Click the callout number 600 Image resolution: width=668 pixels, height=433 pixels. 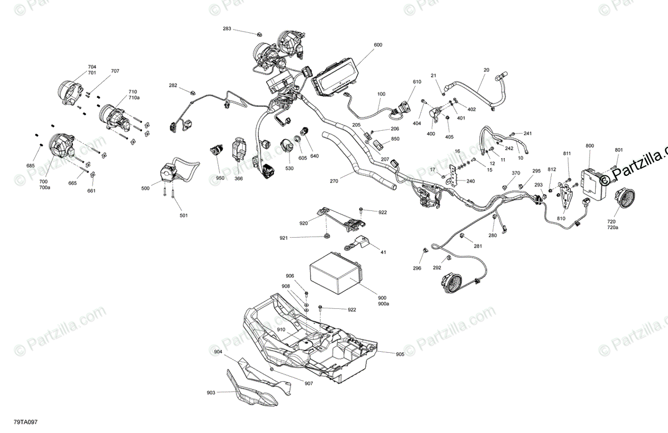coord(378,45)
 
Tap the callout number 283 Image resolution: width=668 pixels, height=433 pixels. coord(227,28)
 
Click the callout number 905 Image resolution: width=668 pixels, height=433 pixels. coord(400,355)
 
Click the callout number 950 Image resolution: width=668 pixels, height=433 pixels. coord(220,178)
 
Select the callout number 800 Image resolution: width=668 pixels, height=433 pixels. coord(590,146)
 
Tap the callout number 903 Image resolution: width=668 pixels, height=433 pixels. coord(211,393)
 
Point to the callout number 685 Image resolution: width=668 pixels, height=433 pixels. coord(30,165)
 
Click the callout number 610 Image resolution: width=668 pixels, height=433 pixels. coord(417,82)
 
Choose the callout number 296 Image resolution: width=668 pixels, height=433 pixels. coord(417,268)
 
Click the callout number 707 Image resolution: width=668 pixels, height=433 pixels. coord(115,71)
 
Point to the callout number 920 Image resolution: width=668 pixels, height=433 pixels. coord(303,223)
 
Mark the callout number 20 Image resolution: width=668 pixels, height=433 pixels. coord(486,70)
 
